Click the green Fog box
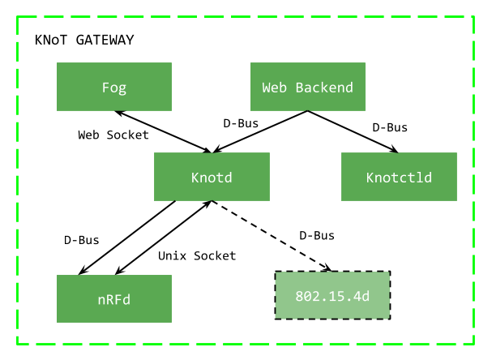pyautogui.click(x=113, y=87)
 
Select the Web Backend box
pyautogui.click(x=307, y=87)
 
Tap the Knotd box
pyautogui.click(x=212, y=177)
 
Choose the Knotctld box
pyautogui.click(x=399, y=177)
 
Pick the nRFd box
pyautogui.click(x=113, y=299)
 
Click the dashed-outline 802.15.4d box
pyautogui.click(x=332, y=295)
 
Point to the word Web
pyautogui.click(x=275, y=87)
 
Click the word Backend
pyautogui.click(x=324, y=87)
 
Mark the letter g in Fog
pyautogui.click(x=122, y=88)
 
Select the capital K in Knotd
pyautogui.click(x=195, y=177)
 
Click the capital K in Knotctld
pyautogui.click(x=370, y=177)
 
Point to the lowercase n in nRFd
pyautogui.click(x=101, y=300)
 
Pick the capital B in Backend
pyautogui.click(x=300, y=87)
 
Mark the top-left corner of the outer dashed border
pyautogui.click(x=18, y=16)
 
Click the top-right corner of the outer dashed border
pyautogui.click(x=473, y=16)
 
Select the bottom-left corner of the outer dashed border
pyautogui.click(x=18, y=344)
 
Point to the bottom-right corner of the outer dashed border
pyautogui.click(x=473, y=344)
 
